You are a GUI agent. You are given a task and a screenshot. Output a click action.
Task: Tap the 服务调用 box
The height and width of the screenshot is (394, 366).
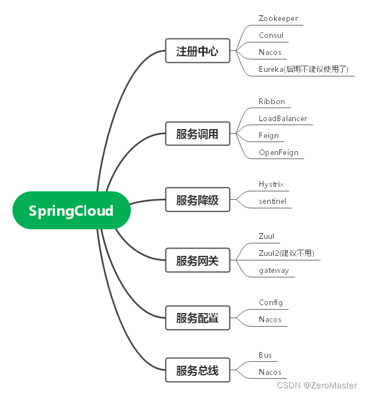197,135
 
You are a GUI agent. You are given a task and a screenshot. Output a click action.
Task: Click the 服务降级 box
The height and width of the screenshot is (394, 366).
197,200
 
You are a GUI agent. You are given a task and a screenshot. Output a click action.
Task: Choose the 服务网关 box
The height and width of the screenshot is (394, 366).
197,261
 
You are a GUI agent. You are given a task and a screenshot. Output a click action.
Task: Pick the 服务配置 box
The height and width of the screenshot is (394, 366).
197,318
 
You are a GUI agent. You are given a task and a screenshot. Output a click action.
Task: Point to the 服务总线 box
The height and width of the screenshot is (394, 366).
197,371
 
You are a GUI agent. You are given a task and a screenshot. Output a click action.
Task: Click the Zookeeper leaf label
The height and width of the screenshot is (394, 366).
278,18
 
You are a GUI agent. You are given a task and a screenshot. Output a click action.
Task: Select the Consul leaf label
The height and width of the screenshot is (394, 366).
271,35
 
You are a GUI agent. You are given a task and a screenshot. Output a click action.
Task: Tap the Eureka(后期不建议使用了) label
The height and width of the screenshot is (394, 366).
303,69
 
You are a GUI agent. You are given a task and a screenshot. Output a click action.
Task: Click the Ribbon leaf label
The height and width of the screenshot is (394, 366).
272,101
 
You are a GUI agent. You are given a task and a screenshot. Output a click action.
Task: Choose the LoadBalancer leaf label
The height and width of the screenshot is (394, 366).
283,118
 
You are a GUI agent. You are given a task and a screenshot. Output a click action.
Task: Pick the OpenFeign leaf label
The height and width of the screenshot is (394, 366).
278,152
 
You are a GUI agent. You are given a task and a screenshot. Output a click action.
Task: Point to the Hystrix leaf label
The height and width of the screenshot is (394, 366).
271,184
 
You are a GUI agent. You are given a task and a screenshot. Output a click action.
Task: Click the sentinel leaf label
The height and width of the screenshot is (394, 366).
273,201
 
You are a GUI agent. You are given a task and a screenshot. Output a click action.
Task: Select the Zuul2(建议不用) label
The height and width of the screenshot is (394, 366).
286,253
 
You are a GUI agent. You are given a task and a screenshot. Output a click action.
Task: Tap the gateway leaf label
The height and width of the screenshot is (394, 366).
274,270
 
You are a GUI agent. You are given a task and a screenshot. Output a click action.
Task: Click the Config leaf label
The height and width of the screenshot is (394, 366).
271,302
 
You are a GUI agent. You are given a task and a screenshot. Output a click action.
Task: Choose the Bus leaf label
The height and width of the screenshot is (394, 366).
265,355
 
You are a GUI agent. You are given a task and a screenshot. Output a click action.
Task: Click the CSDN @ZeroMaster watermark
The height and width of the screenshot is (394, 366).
317,386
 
